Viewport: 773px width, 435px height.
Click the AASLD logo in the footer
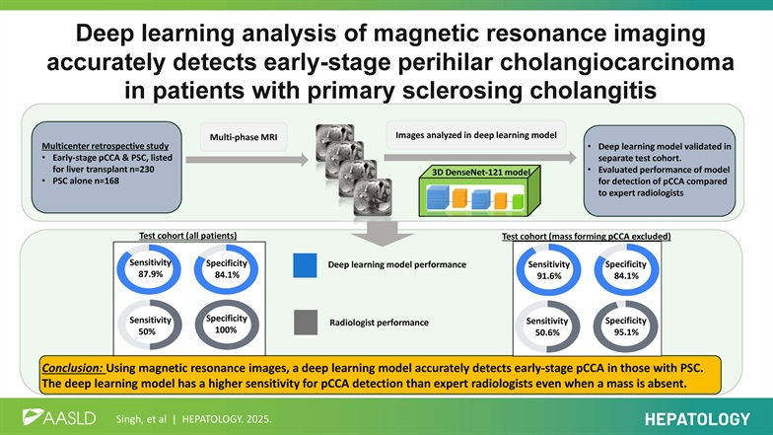point(59,416)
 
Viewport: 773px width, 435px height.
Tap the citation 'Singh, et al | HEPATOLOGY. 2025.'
point(190,417)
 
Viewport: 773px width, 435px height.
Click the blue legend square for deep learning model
point(305,265)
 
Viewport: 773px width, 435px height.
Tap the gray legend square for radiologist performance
point(305,322)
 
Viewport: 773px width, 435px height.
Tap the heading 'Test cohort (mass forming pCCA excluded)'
point(586,237)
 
